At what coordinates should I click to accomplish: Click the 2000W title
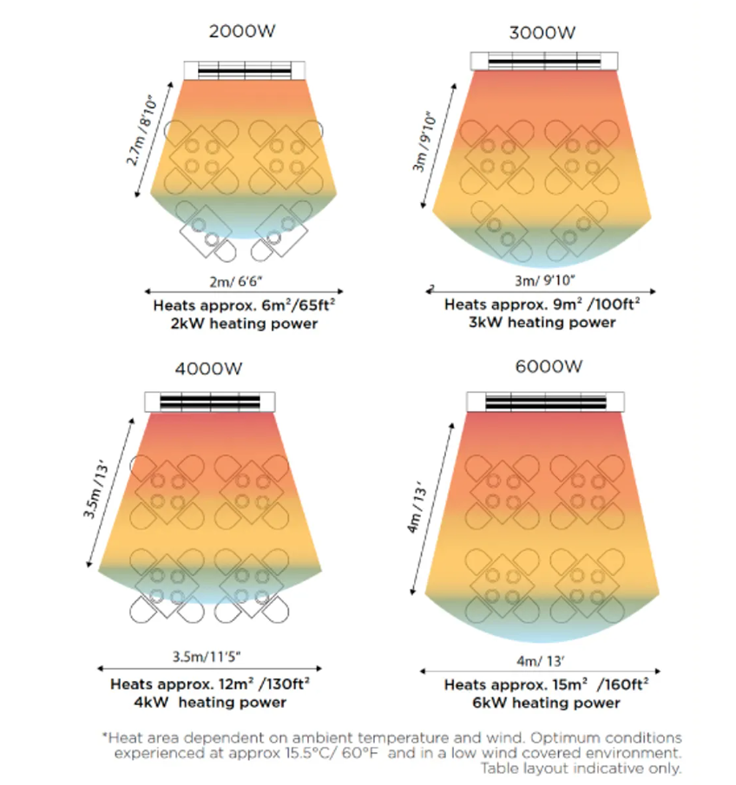242,32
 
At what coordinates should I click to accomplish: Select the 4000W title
208,369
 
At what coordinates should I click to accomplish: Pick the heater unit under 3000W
545,61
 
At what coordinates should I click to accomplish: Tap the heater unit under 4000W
210,402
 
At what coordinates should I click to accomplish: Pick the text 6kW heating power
546,702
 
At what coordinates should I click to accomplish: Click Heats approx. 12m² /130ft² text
210,684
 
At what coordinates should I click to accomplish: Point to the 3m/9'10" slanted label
427,142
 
